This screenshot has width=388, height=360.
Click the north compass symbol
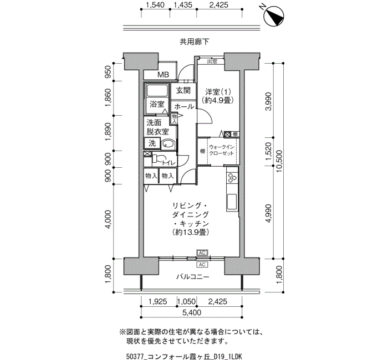[274, 16]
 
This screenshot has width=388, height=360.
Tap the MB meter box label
[164, 74]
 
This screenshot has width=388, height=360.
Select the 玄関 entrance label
[183, 90]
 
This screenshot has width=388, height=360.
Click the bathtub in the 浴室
[157, 91]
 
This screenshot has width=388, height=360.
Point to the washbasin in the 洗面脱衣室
[169, 144]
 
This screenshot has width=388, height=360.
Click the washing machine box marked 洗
[152, 143]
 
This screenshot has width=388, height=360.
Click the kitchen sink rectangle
[232, 202]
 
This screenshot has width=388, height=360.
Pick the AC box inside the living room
[202, 253]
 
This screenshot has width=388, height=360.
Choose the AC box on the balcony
[202, 265]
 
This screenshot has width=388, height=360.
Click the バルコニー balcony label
[193, 277]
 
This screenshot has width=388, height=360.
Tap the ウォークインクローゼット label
[222, 150]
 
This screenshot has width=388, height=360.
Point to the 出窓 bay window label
[212, 61]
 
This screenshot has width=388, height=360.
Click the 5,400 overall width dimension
[192, 312]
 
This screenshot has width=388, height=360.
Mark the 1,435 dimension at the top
[183, 5]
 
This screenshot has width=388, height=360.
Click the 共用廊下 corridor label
[194, 42]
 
